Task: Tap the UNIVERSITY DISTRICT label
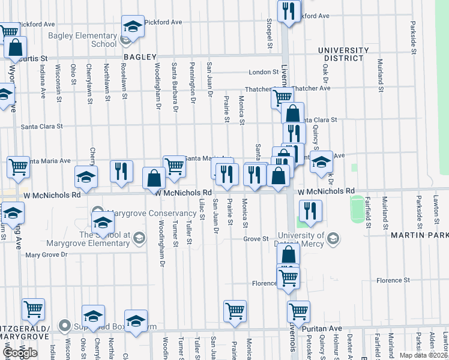pos(343,54)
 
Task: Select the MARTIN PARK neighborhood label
pos(420,235)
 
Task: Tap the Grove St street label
pos(256,239)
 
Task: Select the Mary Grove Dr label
pos(47,255)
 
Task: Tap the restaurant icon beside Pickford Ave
pos(289,11)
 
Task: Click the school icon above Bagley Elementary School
pos(133,27)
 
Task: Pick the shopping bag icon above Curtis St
pos(16,47)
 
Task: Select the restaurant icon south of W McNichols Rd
pos(310,210)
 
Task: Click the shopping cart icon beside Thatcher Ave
pos(282,97)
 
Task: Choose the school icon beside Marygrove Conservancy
pos(103,221)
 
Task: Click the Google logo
pos(20,353)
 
